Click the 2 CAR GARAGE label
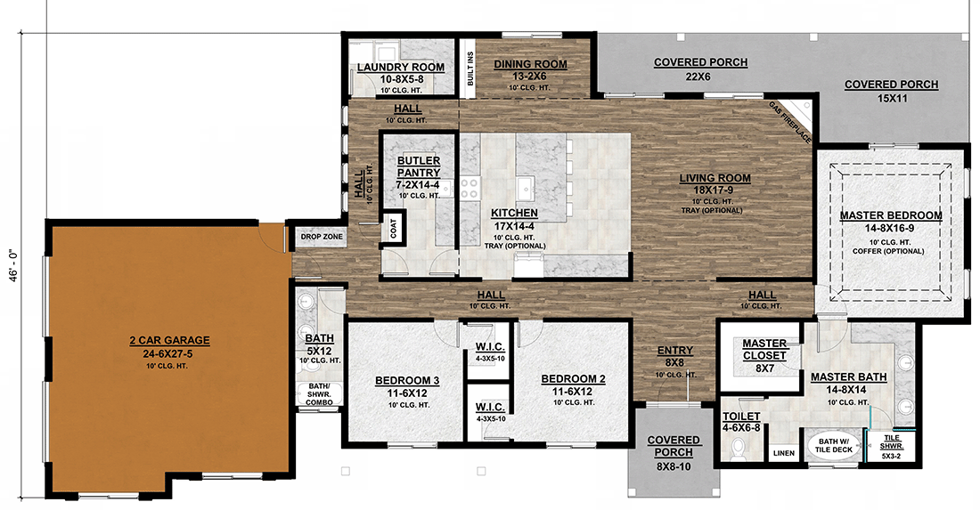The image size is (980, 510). (168, 340)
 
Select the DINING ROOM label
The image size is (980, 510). (530, 64)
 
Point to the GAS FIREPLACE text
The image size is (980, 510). (791, 122)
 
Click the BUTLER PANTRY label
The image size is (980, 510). (418, 166)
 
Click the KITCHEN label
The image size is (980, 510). (514, 214)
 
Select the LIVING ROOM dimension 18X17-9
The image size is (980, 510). (723, 190)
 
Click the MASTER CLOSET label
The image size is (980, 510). (764, 350)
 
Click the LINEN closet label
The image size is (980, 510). (783, 453)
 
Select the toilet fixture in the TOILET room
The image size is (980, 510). (734, 450)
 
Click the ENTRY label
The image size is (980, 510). (674, 351)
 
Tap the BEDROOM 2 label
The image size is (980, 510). (573, 379)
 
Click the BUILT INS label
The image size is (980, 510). (470, 68)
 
